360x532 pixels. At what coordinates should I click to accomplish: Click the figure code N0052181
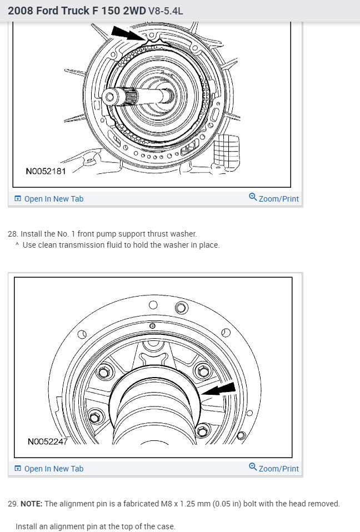46,171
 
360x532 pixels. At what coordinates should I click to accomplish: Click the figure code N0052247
48,441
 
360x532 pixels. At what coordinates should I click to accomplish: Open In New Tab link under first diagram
53,199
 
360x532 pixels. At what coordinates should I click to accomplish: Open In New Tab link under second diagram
53,469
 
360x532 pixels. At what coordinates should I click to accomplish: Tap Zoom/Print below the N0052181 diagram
278,199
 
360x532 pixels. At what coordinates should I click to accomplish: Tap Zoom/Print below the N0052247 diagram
278,469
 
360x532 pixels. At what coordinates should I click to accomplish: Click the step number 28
12,234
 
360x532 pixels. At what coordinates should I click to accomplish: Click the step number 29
12,504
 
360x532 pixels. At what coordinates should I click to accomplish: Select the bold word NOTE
31,504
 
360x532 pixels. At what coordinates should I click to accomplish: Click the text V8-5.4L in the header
166,11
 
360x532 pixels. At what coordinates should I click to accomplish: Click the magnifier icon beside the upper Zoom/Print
253,198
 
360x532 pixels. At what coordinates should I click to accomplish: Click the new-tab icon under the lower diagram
18,469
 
